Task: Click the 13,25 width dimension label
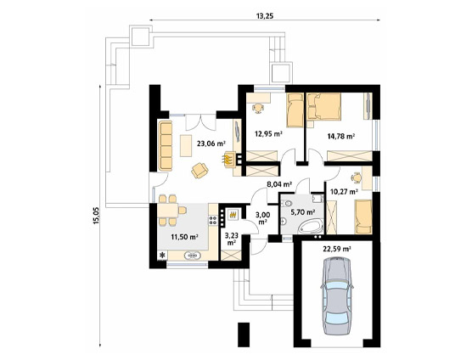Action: [x=265, y=16]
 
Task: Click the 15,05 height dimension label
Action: [x=96, y=217]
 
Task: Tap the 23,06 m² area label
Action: [x=211, y=143]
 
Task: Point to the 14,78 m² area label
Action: [x=340, y=137]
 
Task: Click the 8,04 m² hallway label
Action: [x=279, y=184]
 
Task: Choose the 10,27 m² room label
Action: [x=344, y=191]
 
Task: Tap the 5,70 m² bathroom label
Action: [x=302, y=212]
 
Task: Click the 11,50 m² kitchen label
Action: [x=184, y=237]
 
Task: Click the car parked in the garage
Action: [x=337, y=295]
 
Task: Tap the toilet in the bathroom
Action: [x=286, y=204]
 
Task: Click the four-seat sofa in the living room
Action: [x=165, y=146]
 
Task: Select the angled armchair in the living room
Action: [x=199, y=171]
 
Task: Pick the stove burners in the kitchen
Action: [x=213, y=220]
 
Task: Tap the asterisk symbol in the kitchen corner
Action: [x=163, y=256]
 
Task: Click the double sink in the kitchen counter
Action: [x=194, y=256]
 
